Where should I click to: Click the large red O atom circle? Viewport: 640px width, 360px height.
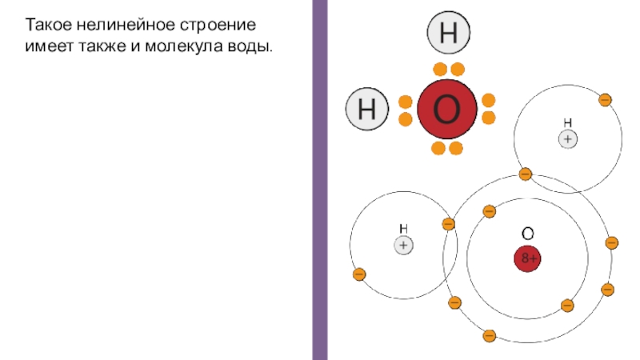click(446, 109)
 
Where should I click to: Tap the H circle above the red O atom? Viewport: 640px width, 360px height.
click(449, 34)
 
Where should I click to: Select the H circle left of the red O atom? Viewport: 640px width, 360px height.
click(367, 109)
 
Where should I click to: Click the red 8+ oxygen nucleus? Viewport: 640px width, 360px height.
click(527, 258)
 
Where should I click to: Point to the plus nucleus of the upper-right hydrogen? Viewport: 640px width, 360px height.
click(567, 138)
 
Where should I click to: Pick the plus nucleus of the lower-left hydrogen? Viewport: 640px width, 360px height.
click(403, 246)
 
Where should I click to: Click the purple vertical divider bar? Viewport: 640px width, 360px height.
click(319, 180)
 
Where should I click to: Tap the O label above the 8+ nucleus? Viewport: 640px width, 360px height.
click(527, 234)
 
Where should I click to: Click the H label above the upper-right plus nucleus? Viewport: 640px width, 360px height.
click(567, 122)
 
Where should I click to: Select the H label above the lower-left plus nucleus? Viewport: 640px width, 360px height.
click(403, 229)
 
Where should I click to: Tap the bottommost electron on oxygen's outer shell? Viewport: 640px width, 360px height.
click(489, 335)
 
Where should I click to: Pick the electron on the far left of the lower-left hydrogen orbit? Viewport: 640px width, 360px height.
click(358, 274)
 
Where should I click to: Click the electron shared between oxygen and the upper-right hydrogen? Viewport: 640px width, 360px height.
click(526, 174)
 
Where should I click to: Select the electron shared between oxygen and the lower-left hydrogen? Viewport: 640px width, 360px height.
click(448, 224)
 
